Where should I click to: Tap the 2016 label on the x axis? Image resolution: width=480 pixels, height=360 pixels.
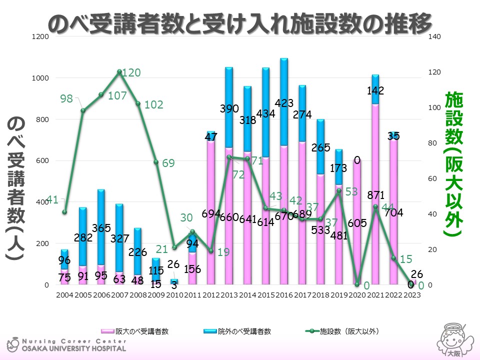[283, 295]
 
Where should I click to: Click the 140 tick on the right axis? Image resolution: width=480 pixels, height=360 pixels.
[434, 37]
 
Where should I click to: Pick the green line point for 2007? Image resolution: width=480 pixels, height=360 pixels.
[119, 71]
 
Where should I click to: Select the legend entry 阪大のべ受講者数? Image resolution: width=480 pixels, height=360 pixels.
[135, 331]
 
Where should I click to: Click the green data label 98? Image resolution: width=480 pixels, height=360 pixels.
[66, 99]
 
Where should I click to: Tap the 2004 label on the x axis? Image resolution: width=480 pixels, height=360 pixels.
[64, 295]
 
